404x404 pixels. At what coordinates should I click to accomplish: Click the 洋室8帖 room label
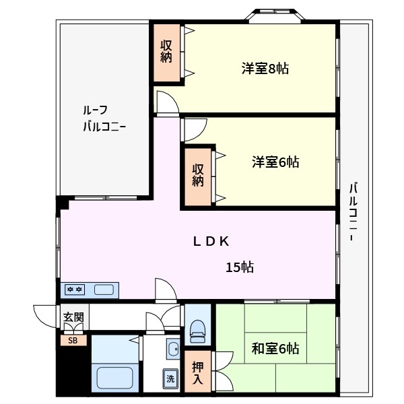pyautogui.click(x=265, y=69)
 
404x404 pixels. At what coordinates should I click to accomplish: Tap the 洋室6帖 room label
pyautogui.click(x=275, y=162)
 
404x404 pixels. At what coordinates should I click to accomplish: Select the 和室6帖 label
pyautogui.click(x=275, y=348)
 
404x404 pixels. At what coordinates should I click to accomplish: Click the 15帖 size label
pyautogui.click(x=239, y=267)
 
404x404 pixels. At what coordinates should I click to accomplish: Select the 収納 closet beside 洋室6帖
pyautogui.click(x=198, y=175)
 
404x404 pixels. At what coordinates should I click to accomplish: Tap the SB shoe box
pyautogui.click(x=73, y=341)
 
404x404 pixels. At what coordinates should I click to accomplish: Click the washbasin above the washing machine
pyautogui.click(x=171, y=349)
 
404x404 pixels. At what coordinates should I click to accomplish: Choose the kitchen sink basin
pyautogui.click(x=104, y=290)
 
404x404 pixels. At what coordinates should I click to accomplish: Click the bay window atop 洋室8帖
pyautogui.click(x=277, y=15)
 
